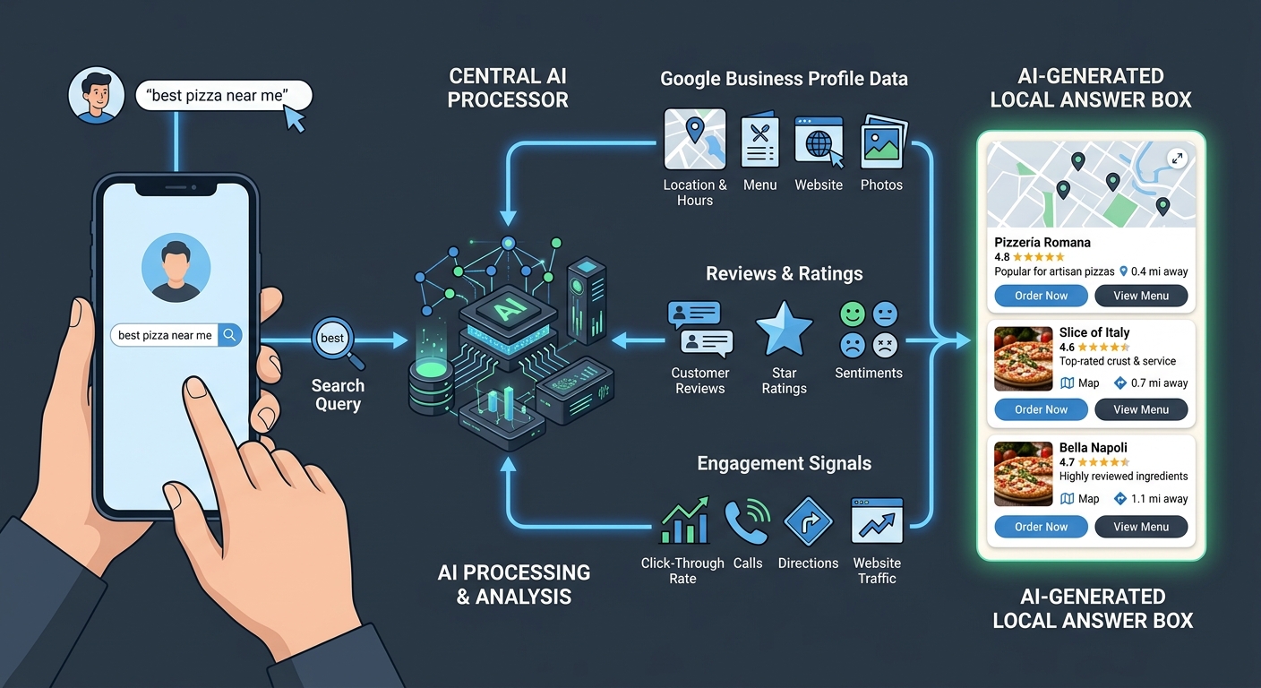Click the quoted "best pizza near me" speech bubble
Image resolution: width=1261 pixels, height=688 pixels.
[223, 96]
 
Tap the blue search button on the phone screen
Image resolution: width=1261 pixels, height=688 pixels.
[230, 335]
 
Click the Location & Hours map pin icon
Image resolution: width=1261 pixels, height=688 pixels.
[694, 139]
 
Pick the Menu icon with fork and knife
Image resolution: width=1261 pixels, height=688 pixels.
[759, 141]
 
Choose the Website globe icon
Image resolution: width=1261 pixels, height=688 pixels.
[819, 141]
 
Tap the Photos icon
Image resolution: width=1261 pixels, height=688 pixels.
[883, 142]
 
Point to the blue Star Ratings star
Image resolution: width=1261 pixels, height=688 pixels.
[784, 329]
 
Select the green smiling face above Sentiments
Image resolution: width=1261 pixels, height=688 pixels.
[852, 314]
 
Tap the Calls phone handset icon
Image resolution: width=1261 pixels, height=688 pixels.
[747, 521]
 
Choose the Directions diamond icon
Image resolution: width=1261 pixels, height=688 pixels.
[809, 522]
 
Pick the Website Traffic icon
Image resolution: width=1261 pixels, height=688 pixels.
[877, 521]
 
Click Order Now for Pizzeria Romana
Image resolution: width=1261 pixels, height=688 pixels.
[1041, 296]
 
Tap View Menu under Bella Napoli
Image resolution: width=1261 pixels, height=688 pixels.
[1140, 527]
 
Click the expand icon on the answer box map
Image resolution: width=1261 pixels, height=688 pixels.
[1177, 159]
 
